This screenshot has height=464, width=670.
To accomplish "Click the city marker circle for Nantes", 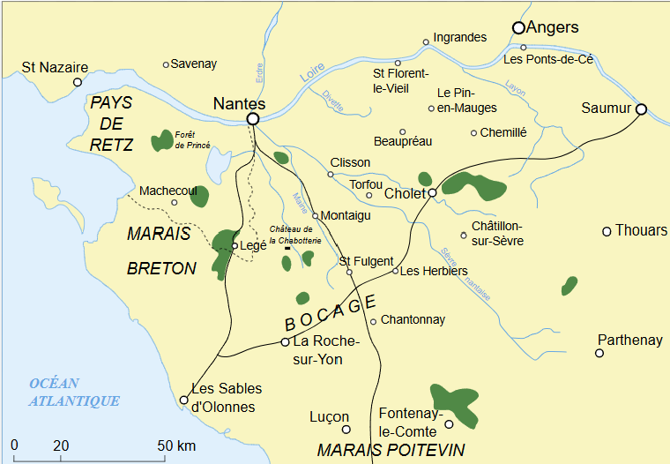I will point(253,118).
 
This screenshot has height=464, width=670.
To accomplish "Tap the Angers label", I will point(553,27).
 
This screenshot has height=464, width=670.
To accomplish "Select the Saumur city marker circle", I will point(641,109).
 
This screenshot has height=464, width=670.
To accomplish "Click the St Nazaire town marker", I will point(78,82).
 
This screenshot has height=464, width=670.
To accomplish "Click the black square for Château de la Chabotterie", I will point(287,250).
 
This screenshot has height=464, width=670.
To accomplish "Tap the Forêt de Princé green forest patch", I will point(162,140).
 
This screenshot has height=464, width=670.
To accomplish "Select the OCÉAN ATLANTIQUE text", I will point(74,392).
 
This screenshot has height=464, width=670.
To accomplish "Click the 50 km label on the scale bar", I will point(176,445).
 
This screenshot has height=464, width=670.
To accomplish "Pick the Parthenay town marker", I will point(599,353).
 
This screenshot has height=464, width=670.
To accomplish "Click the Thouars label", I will point(641,230).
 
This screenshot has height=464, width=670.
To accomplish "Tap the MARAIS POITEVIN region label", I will point(390,450).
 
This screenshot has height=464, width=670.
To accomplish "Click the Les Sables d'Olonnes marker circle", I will point(184,400).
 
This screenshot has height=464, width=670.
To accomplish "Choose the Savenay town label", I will point(194,64).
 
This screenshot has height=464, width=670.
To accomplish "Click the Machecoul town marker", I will point(175,202).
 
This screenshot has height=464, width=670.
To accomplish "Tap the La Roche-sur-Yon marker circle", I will point(285,341).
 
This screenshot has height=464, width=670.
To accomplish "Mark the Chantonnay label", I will point(413,320).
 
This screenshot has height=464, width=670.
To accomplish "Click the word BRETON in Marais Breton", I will point(161,268).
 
